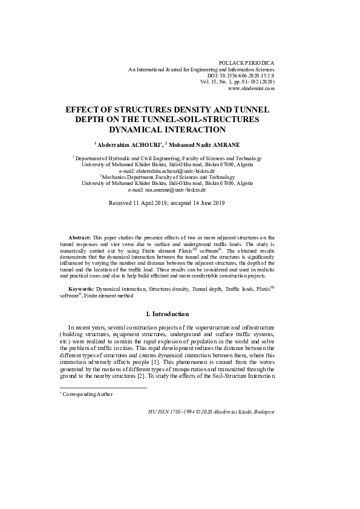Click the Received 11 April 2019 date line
[x=166, y=203]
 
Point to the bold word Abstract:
[x=79, y=238]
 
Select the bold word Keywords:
[x=81, y=290]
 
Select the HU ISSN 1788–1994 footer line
[x=211, y=411]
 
